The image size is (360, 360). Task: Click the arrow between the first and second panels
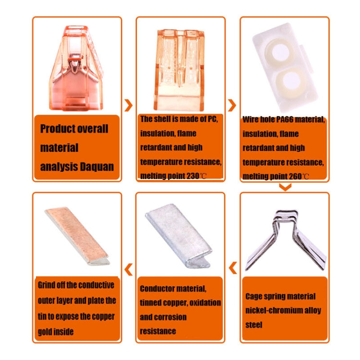coord(128,106)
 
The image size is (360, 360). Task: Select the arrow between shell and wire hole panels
coord(232,106)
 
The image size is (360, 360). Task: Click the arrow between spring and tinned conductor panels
coord(233,267)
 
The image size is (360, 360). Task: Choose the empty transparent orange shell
coord(180,70)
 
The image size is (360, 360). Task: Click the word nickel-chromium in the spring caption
coord(268,311)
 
